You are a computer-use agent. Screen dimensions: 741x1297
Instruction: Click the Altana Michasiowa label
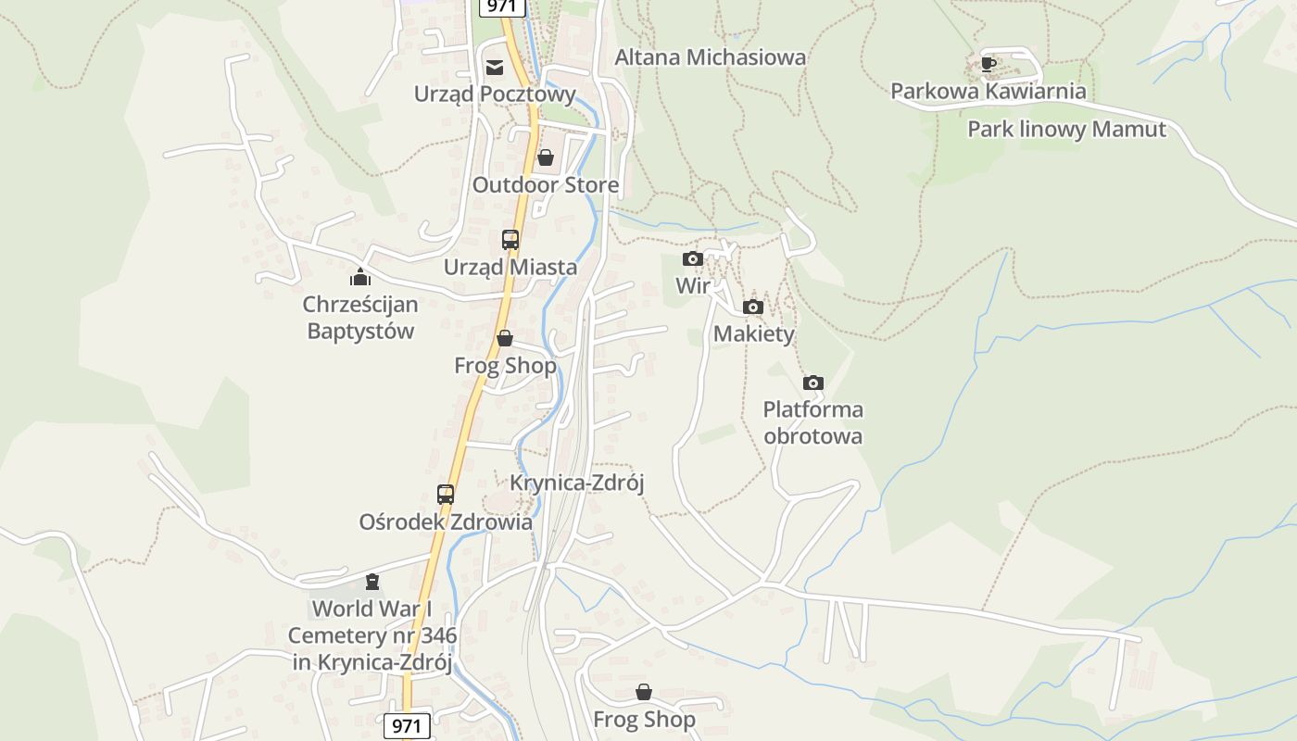pos(710,57)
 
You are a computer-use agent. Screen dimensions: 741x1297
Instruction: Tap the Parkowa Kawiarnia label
pos(988,91)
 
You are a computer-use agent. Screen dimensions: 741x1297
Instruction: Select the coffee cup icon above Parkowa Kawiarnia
pos(988,64)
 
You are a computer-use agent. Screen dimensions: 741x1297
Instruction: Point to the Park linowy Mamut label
pos(1066,129)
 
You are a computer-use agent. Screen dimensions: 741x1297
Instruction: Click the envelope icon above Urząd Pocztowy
pos(495,67)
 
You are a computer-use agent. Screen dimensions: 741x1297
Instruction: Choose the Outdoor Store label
pos(545,184)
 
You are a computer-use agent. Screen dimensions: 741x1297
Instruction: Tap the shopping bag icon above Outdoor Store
pos(546,157)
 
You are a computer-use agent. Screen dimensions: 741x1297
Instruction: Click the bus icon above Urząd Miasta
pos(510,240)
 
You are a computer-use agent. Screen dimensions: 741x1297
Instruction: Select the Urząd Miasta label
pos(510,267)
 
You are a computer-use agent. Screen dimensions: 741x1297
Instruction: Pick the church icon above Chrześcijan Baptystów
pos(360,277)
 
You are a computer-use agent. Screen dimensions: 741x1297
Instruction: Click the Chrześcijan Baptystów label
pos(360,317)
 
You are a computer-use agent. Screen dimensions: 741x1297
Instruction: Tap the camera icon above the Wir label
pos(692,259)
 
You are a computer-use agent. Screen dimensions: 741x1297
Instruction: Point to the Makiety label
pos(753,333)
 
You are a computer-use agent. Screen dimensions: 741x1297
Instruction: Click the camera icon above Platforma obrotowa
pos(813,383)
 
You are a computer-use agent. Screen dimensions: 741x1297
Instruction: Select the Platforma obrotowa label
pos(812,422)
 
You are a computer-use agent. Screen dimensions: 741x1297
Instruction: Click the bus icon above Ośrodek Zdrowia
pos(446,495)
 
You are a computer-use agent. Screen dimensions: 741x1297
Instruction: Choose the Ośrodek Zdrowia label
pos(446,521)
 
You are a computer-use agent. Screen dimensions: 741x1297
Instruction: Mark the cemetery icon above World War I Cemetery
pos(372,582)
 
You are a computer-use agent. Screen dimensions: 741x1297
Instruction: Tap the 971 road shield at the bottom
pos(407,725)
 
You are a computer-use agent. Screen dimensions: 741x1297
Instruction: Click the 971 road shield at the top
pos(502,6)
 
